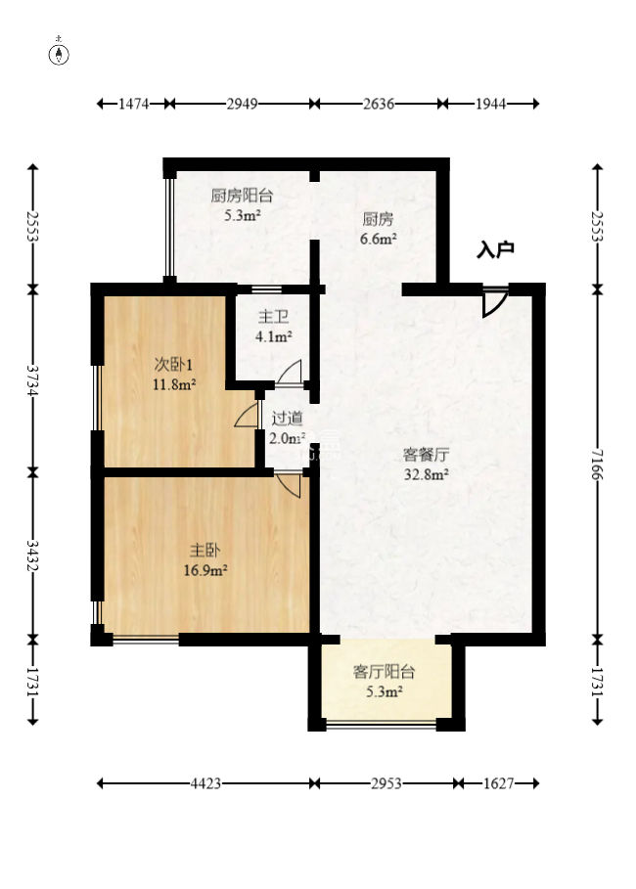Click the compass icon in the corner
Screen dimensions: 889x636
coord(60,53)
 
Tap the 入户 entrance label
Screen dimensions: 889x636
coord(495,250)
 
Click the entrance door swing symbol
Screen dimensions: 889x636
coord(495,301)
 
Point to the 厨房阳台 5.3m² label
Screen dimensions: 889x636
coord(242,204)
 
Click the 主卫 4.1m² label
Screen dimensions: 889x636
coord(274,327)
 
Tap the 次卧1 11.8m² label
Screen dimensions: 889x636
coord(173,374)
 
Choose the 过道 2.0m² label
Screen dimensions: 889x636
coord(287,427)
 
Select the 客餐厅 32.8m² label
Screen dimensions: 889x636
coord(427,465)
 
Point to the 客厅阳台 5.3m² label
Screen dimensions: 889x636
coord(385,682)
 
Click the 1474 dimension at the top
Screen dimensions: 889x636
coord(132,104)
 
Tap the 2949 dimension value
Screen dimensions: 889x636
coord(242,104)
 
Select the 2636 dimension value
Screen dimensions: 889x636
coord(378,104)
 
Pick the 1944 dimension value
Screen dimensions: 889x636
coord(489,104)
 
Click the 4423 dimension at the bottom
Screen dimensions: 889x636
coord(206,783)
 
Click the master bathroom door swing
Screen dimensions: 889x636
coord(290,373)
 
